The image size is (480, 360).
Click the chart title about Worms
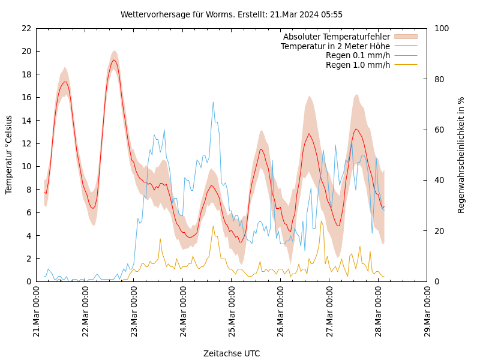pos(232,14)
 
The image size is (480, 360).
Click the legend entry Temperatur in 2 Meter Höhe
pos(335,46)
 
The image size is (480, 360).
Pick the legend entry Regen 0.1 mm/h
pos(358,55)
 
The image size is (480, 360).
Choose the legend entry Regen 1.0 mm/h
pos(358,64)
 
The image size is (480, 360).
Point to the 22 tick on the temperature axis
pos(26,28)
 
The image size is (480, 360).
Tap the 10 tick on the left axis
pos(26,166)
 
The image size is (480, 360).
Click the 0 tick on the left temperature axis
pos(28,281)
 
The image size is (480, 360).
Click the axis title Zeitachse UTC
pos(232,353)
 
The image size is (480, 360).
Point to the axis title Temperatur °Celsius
pos(9,155)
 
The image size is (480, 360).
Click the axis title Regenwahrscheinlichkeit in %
pos(461,155)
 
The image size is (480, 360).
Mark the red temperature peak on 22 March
pos(114,60)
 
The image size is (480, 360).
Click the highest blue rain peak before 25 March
pos(213,102)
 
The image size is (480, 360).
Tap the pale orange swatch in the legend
pos(406,37)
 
